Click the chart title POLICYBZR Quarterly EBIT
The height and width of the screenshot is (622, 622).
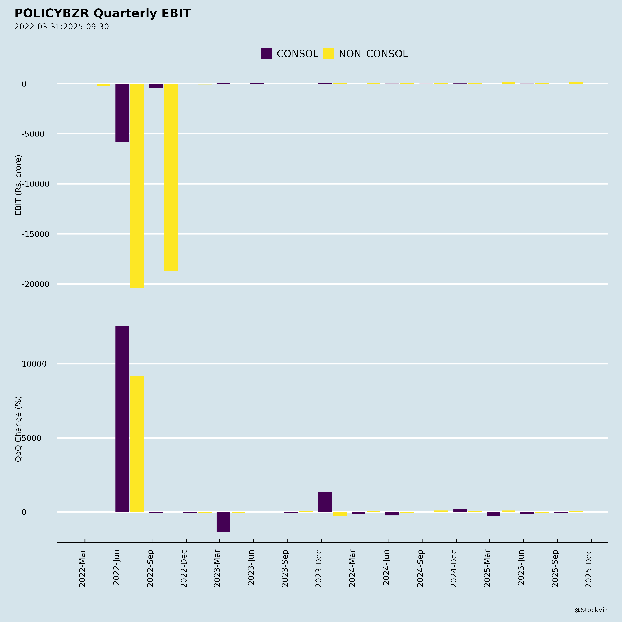point(103,13)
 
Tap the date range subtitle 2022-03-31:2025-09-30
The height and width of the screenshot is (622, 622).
point(62,27)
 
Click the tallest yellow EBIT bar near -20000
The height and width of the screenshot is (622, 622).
point(137,186)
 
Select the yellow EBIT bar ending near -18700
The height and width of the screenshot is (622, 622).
point(171,177)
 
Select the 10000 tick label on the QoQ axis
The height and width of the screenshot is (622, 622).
point(34,364)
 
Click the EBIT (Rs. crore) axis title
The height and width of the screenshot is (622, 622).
point(18,185)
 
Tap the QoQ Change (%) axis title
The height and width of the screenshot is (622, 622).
point(18,429)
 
